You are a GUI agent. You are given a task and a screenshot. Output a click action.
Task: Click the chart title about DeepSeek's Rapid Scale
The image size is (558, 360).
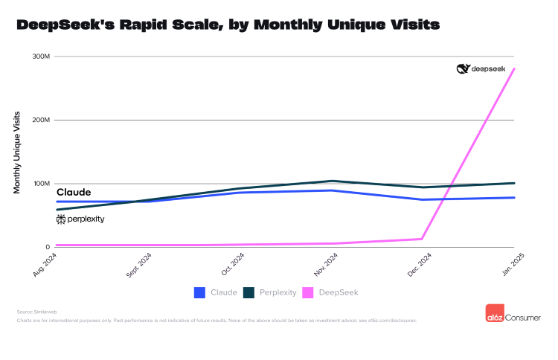(x=228, y=25)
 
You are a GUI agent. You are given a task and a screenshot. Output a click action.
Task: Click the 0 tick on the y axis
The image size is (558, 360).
(x=47, y=247)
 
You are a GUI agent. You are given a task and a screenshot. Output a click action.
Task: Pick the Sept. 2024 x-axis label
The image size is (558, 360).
(x=139, y=265)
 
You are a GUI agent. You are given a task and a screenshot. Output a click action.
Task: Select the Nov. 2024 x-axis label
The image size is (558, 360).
(x=327, y=264)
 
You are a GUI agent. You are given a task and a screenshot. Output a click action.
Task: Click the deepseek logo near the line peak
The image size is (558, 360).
(x=481, y=68)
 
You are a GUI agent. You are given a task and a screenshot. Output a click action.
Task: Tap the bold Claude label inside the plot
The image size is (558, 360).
(x=74, y=192)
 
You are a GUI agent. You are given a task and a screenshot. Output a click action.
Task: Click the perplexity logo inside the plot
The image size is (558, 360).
(x=80, y=219)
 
